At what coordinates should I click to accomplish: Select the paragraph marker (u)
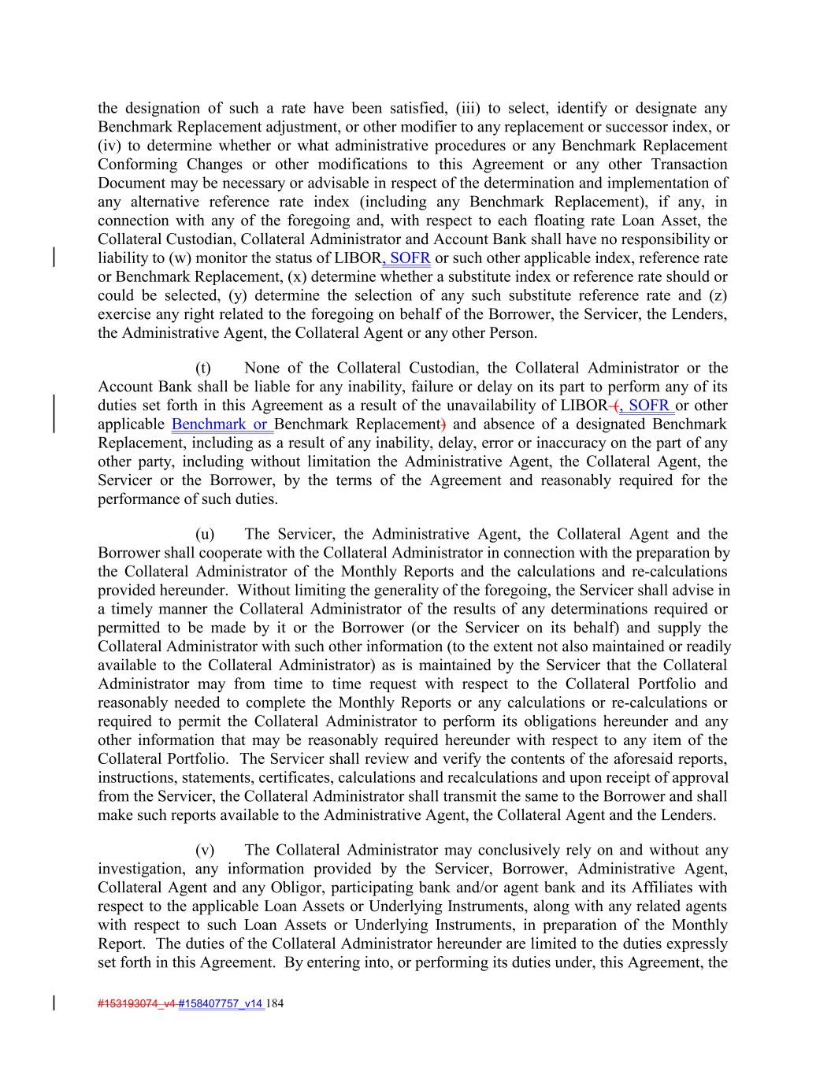[x=204, y=535]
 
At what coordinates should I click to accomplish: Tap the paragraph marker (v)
[x=204, y=851]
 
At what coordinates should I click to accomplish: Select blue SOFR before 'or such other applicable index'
[x=408, y=258]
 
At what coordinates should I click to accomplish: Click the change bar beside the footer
[x=54, y=1003]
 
